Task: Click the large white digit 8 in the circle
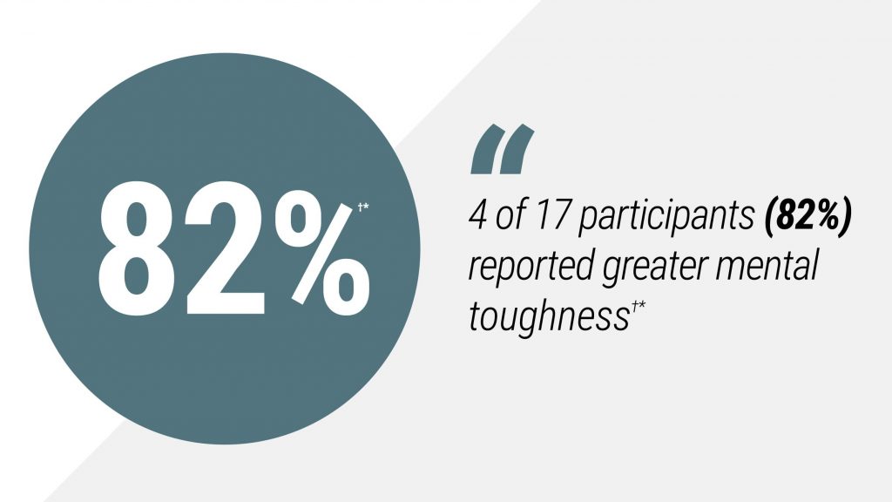(138, 248)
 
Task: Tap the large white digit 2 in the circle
(226, 248)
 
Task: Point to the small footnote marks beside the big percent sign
(363, 207)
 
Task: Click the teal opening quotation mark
(503, 149)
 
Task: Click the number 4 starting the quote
(478, 216)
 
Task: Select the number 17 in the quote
(551, 216)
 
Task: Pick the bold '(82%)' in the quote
(808, 217)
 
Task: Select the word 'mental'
(767, 265)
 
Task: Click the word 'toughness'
(549, 316)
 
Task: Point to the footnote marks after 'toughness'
(637, 308)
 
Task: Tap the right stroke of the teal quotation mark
(517, 149)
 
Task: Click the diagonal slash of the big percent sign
(322, 253)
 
